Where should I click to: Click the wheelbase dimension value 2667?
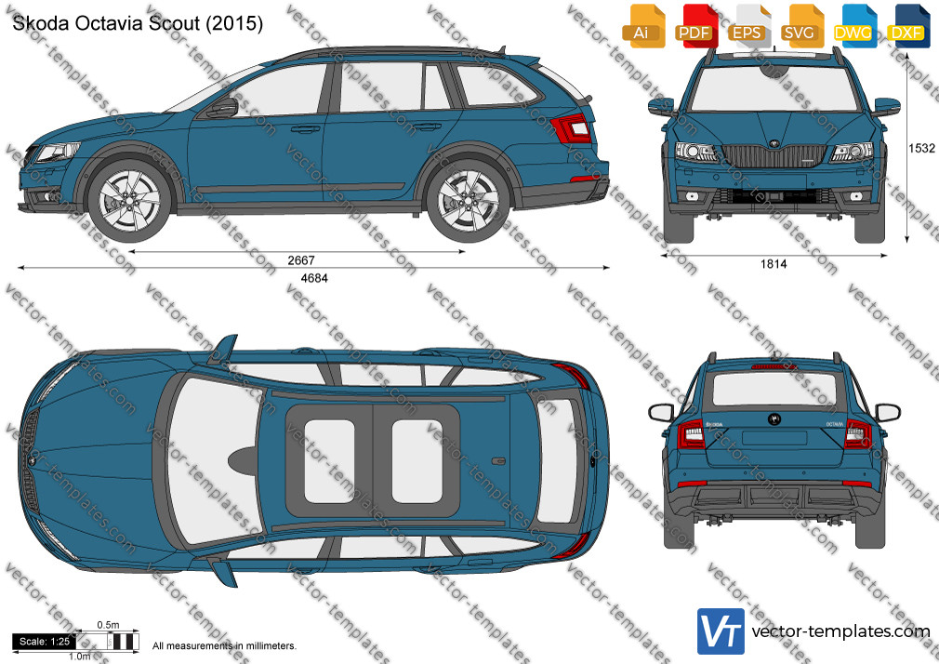[x=300, y=260]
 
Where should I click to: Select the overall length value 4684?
[x=314, y=278]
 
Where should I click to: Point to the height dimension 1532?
[x=921, y=148]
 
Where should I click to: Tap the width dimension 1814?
[x=774, y=264]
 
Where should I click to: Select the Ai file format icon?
[x=643, y=26]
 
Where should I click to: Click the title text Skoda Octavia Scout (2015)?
[x=138, y=23]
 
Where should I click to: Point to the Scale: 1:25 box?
[x=45, y=642]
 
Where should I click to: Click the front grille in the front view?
[x=774, y=155]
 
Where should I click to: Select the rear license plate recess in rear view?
[x=774, y=437]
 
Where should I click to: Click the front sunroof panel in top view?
[x=329, y=461]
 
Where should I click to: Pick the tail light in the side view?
[x=573, y=127]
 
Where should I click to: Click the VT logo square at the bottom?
[x=721, y=631]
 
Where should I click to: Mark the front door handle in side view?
[x=306, y=128]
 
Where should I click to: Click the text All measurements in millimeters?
[x=224, y=646]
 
